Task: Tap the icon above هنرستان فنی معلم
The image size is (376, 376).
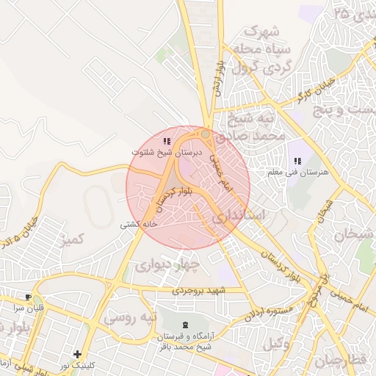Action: click(297, 161)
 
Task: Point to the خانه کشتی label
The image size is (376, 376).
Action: click(140, 225)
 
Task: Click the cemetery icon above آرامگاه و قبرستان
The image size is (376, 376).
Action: click(184, 324)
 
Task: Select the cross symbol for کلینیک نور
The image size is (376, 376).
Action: click(77, 354)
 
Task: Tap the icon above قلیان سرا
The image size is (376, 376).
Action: click(28, 297)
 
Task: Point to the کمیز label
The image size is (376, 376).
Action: click(76, 239)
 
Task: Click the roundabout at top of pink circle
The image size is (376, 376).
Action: click(206, 135)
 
